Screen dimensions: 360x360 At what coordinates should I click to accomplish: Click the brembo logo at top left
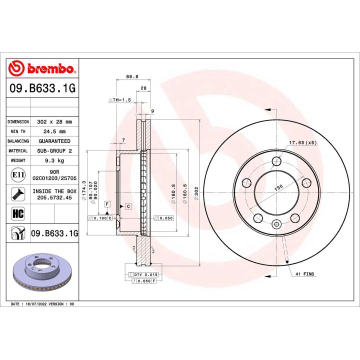(x=42, y=68)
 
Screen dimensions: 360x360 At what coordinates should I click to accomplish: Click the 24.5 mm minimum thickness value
(x=54, y=131)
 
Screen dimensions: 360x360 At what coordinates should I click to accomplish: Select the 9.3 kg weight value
(x=54, y=160)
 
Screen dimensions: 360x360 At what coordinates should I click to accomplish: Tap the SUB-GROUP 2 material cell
(x=54, y=150)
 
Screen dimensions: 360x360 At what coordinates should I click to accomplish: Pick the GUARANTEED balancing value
(x=54, y=141)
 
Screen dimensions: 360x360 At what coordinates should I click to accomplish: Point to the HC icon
(x=17, y=214)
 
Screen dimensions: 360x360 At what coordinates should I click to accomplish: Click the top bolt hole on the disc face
(x=276, y=160)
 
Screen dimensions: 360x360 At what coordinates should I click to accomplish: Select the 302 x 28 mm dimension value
(x=54, y=121)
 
